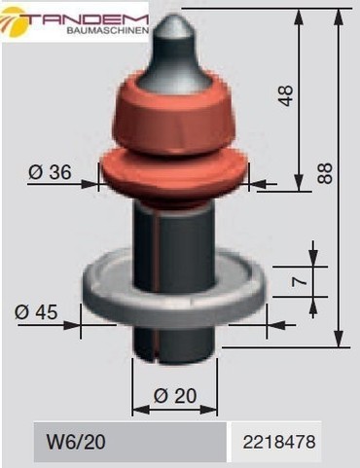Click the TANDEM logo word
87,19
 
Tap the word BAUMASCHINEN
108,31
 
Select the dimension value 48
286,95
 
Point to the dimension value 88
325,173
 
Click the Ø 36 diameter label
50,172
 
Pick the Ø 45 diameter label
36,312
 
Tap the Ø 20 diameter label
175,396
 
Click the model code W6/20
76,442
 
